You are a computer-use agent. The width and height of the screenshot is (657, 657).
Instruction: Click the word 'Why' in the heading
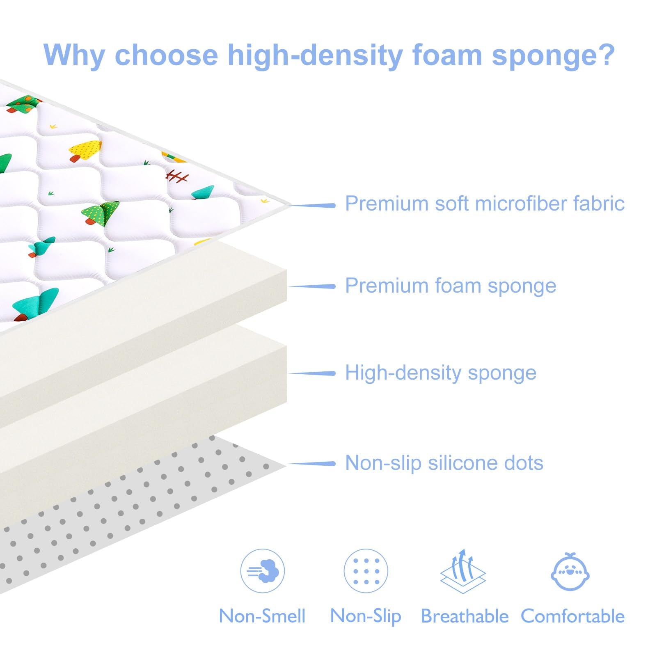click(74, 55)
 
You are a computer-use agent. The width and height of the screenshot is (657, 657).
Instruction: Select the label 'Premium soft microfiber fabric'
click(484, 204)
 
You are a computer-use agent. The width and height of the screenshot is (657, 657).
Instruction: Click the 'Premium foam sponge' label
click(450, 286)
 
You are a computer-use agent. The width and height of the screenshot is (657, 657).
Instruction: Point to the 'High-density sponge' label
click(440, 373)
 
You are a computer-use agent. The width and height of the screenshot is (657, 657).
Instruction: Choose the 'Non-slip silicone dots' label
click(444, 463)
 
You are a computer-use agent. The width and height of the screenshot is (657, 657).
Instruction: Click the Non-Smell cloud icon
click(263, 571)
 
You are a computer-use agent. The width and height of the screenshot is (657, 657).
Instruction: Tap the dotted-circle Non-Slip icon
click(366, 571)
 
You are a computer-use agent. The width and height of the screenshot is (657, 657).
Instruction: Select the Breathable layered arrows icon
click(463, 571)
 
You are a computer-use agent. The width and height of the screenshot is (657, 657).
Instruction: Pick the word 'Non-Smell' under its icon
click(262, 616)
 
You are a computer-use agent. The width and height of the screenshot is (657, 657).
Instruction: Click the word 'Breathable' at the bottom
click(465, 616)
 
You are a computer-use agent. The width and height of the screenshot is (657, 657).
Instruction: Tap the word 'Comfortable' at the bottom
click(572, 616)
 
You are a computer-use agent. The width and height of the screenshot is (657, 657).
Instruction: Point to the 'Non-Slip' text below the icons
click(366, 616)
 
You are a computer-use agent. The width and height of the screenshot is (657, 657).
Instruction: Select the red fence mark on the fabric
click(177, 176)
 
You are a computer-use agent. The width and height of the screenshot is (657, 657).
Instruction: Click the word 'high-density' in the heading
click(315, 55)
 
